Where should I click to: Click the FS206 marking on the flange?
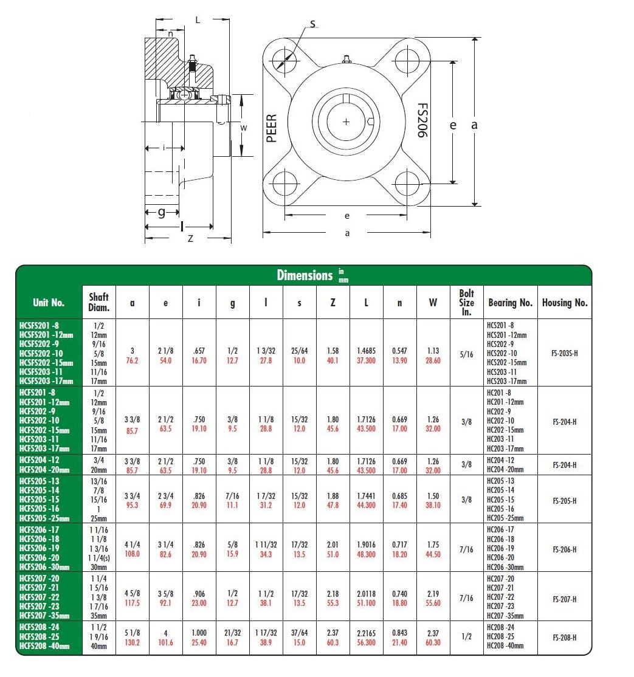tap(421, 120)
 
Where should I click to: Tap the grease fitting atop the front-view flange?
tap(347, 60)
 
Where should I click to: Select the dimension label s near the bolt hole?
tap(312, 24)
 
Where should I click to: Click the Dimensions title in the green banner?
tap(305, 275)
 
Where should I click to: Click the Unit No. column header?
tap(49, 302)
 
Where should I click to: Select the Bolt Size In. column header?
tap(466, 302)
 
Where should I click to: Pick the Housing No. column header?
tap(565, 302)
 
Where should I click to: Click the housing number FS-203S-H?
tap(565, 352)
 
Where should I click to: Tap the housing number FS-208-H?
tap(565, 637)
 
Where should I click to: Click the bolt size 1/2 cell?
tap(466, 637)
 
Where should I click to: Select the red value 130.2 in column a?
tap(133, 642)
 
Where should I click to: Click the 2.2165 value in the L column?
tap(366, 633)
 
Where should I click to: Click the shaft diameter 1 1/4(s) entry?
tap(98, 558)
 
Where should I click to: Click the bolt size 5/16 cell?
tap(466, 352)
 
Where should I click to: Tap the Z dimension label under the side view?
tap(190, 239)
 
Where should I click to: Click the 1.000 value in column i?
tap(199, 633)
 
